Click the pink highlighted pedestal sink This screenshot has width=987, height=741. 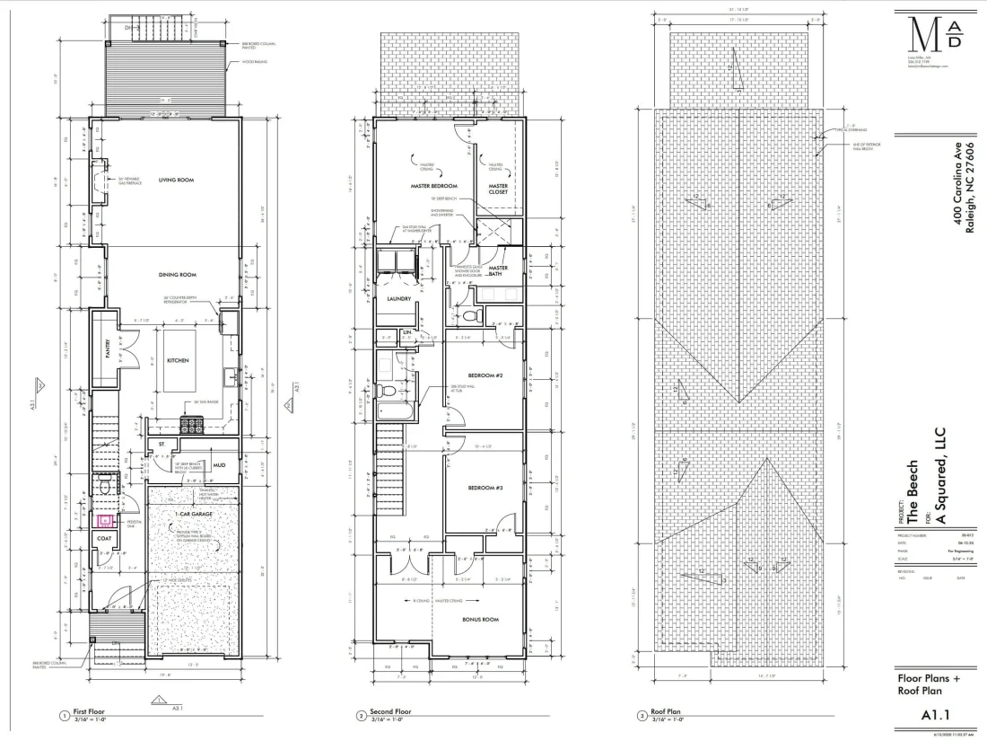click(105, 520)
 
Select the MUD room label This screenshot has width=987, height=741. click(219, 466)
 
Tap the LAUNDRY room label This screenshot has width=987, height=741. click(398, 299)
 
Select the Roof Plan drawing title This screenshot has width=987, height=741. click(668, 713)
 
